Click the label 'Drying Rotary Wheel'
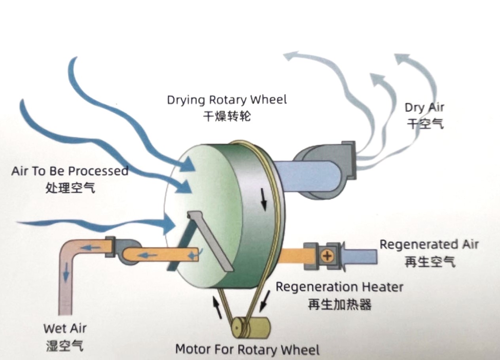[x=227, y=99]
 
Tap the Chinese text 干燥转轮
[x=227, y=116]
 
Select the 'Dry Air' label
[x=424, y=108]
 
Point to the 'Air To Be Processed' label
[x=70, y=171]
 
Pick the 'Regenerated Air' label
[x=429, y=244]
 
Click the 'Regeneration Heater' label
[x=339, y=287]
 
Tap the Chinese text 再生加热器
[x=339, y=304]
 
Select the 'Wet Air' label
[x=65, y=328]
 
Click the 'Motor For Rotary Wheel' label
[x=247, y=350]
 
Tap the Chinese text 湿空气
[x=65, y=346]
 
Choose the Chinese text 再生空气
[x=429, y=261]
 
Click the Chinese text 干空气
[x=425, y=124]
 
